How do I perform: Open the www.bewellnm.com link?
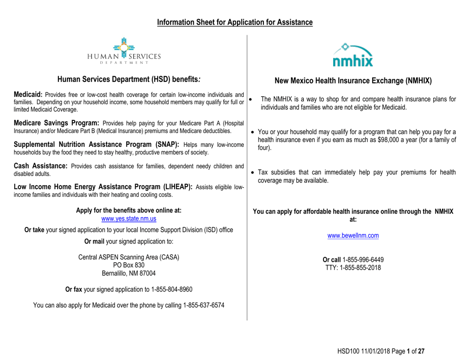click(x=352, y=235)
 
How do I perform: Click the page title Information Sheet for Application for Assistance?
click(x=234, y=22)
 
